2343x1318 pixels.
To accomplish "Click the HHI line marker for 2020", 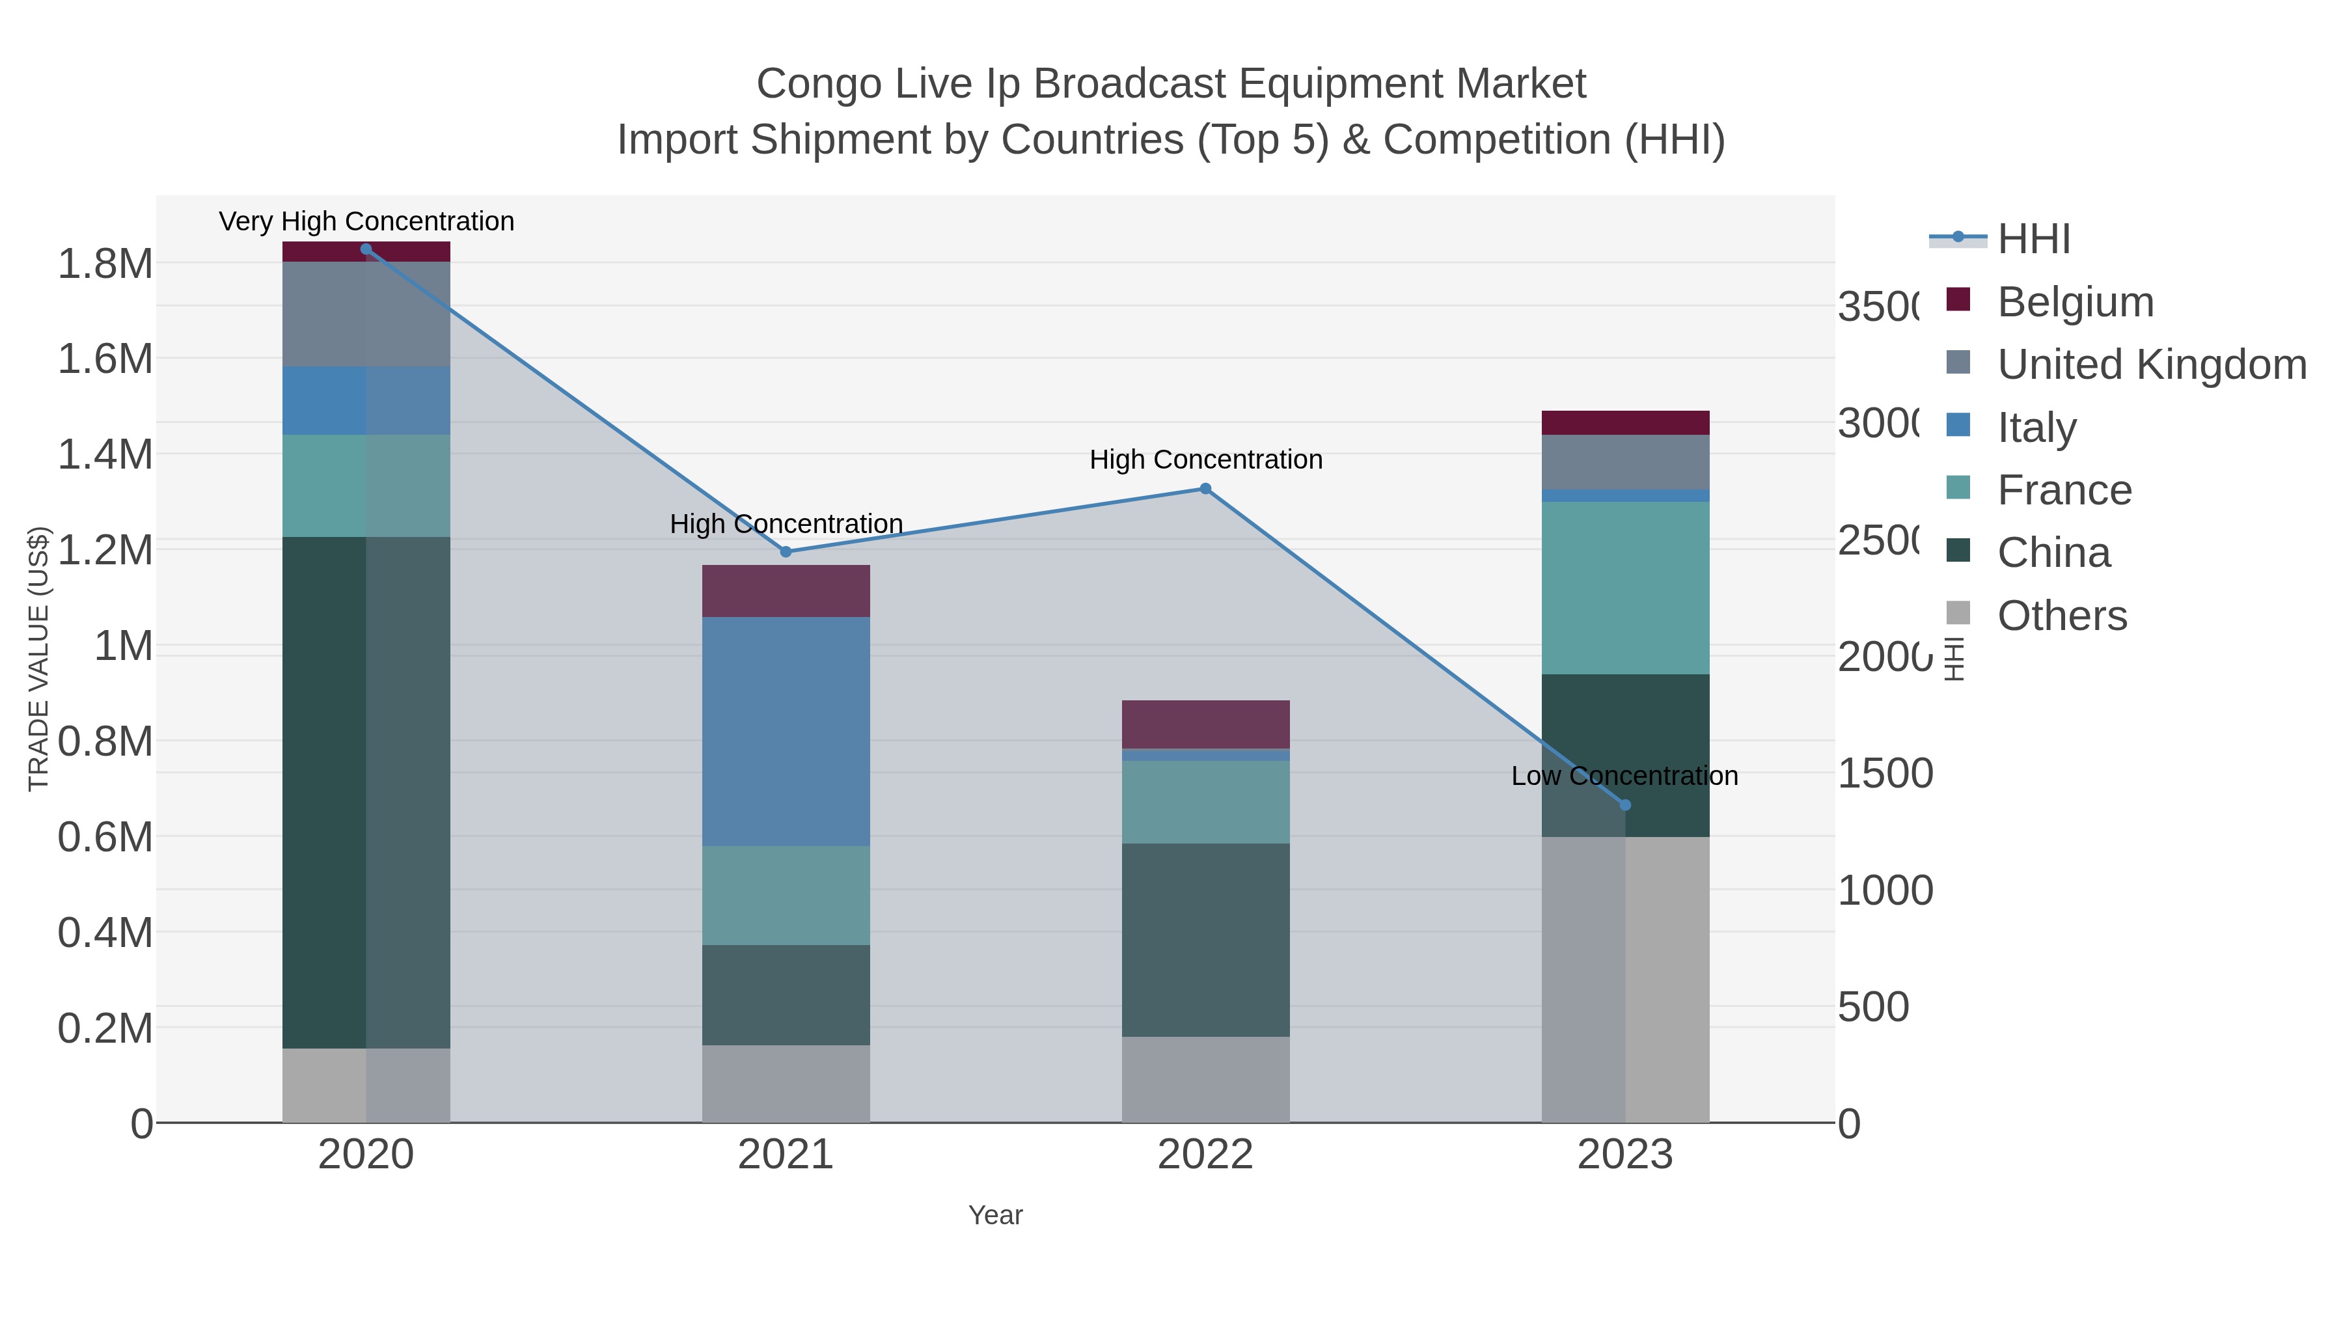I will coord(366,249).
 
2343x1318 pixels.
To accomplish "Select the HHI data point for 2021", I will coord(786,552).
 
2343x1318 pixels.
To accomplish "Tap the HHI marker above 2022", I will coord(1205,488).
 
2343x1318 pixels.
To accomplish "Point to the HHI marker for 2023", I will coord(1625,805).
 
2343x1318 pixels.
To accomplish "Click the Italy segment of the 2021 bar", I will coord(786,732).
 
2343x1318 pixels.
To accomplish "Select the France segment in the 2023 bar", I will coord(1625,588).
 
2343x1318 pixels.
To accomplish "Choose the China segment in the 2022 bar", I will coord(1205,940).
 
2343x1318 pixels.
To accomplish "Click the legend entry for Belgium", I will coord(2075,302).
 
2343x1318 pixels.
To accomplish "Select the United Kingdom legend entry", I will coord(2151,364).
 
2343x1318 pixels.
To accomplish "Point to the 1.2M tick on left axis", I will coord(105,550).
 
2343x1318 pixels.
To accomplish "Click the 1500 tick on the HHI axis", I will coord(1885,774).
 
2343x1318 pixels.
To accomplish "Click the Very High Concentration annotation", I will coord(366,222).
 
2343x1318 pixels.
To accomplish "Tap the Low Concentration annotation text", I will coord(1624,776).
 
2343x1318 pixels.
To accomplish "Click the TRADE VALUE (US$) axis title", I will coord(38,659).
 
